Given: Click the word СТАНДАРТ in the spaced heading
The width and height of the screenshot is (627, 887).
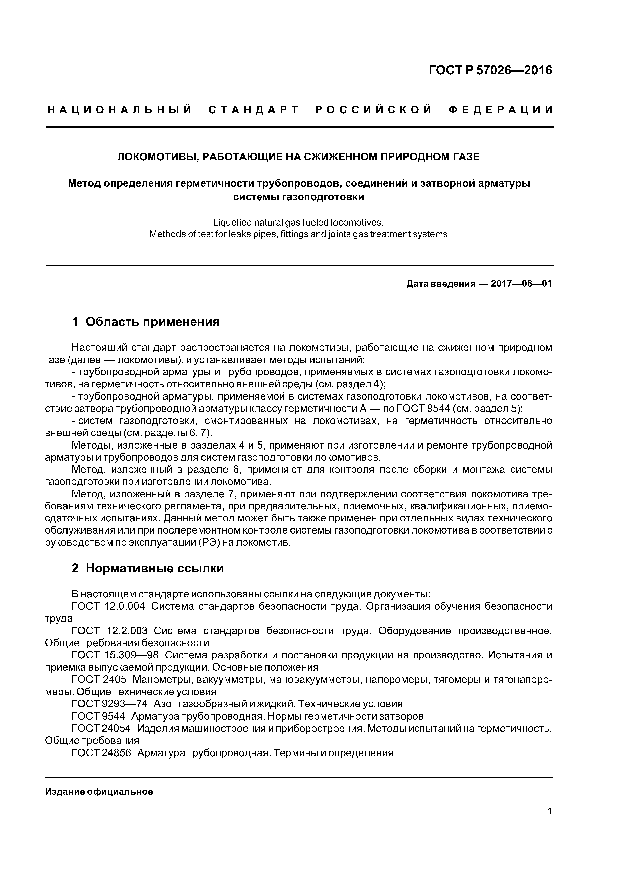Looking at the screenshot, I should [x=254, y=110].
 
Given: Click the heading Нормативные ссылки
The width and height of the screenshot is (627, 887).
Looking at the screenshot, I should [x=154, y=568].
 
